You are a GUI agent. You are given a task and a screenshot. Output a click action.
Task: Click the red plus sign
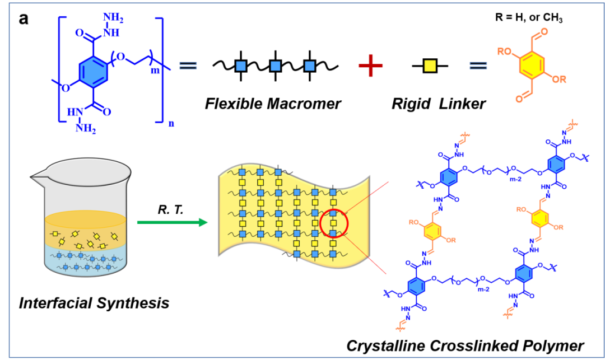click(x=370, y=66)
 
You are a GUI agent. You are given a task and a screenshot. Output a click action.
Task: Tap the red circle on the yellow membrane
click(x=334, y=223)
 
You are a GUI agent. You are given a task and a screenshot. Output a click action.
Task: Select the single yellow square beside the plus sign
click(x=430, y=66)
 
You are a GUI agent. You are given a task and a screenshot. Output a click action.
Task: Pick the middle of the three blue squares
click(x=275, y=66)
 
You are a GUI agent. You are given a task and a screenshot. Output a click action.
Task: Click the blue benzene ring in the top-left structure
click(x=93, y=71)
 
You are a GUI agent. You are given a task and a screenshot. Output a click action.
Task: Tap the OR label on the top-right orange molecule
click(x=559, y=80)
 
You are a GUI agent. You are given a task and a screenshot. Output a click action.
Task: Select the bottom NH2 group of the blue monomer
click(x=86, y=130)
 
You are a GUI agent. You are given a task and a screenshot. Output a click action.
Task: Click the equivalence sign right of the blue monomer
click(x=188, y=66)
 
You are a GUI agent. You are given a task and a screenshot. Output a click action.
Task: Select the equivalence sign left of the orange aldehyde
click(x=478, y=66)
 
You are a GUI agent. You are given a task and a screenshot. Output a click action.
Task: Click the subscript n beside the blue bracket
click(x=170, y=124)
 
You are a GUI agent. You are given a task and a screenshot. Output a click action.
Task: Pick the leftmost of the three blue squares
click(x=241, y=66)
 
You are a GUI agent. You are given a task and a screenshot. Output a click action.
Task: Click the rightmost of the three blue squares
click(x=310, y=66)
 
